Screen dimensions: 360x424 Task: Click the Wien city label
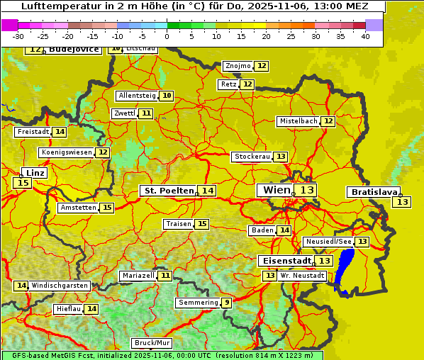pyautogui.click(x=277, y=190)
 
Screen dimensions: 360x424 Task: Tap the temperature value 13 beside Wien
pyautogui.click(x=306, y=190)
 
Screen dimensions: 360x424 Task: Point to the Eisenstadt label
pyautogui.click(x=284, y=261)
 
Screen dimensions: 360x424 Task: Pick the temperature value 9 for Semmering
pyautogui.click(x=226, y=303)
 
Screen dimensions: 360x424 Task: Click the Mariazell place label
pyautogui.click(x=138, y=275)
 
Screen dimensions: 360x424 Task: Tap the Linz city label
pyautogui.click(x=35, y=173)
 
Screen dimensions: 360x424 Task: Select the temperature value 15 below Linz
pyautogui.click(x=22, y=183)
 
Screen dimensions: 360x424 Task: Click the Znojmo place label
pyautogui.click(x=238, y=66)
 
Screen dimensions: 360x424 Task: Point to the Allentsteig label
pyautogui.click(x=137, y=96)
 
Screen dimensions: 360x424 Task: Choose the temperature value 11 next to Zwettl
pyautogui.click(x=146, y=113)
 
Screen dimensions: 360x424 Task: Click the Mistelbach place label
pyautogui.click(x=298, y=121)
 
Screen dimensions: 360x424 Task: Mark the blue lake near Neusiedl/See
pyautogui.click(x=345, y=269)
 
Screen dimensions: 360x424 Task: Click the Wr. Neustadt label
pyautogui.click(x=302, y=275)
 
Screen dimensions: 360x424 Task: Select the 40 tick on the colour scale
pyautogui.click(x=365, y=36)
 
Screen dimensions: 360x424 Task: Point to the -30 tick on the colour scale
pyautogui.click(x=18, y=36)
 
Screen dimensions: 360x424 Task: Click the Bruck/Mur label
pyautogui.click(x=152, y=343)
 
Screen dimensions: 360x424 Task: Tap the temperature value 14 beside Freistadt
pyautogui.click(x=60, y=132)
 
